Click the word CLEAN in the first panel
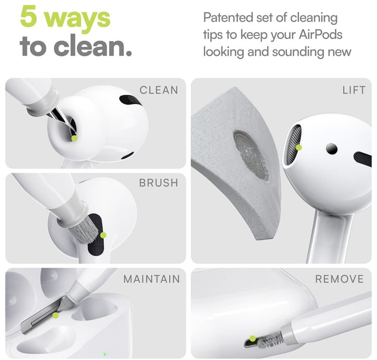[x=158, y=90]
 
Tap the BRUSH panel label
[x=158, y=183]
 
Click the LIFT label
[x=354, y=90]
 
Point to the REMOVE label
[x=340, y=279]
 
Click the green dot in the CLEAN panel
[x=74, y=137]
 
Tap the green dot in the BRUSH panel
[x=103, y=235]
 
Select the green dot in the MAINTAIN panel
[x=56, y=315]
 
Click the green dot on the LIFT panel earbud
[x=299, y=147]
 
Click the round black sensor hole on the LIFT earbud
[x=332, y=148]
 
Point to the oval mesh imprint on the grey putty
[x=251, y=155]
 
